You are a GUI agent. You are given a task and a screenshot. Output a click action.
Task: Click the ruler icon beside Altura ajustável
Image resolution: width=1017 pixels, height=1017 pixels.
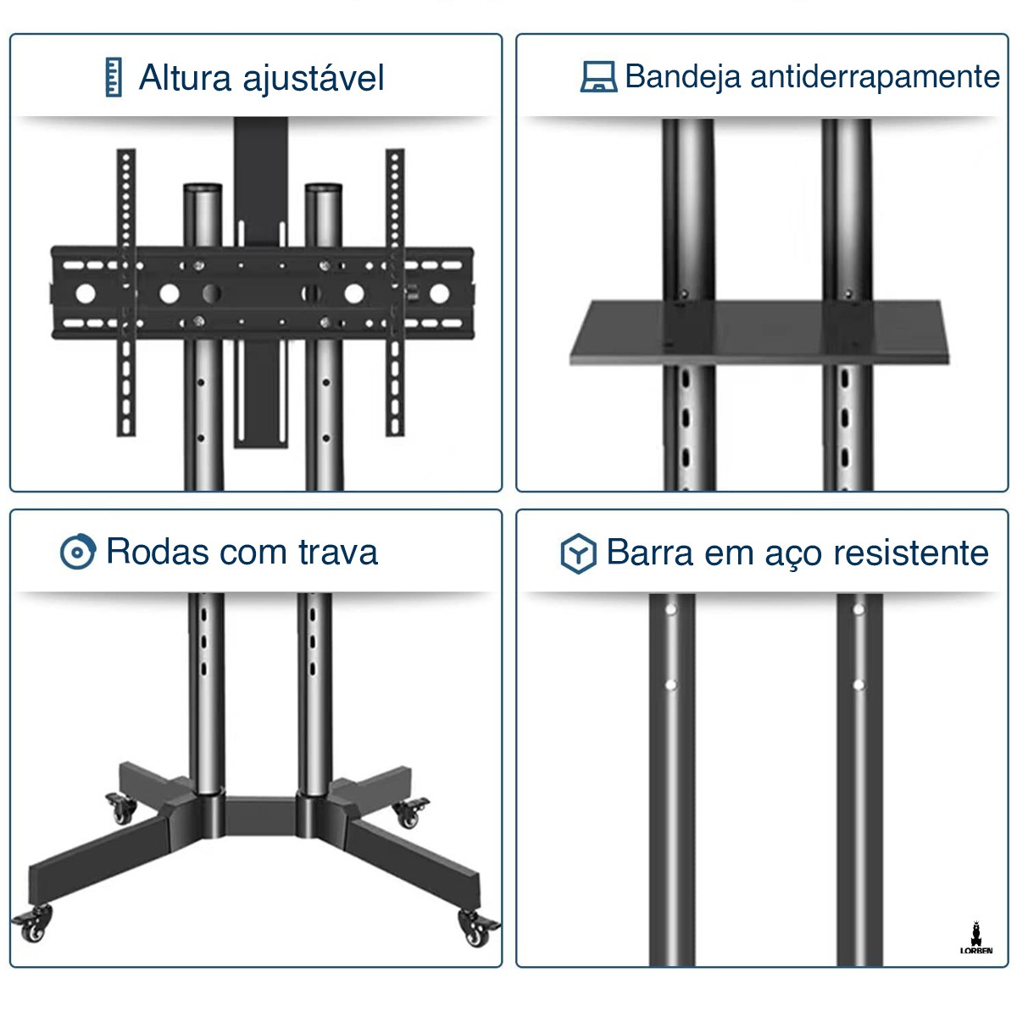[x=114, y=77]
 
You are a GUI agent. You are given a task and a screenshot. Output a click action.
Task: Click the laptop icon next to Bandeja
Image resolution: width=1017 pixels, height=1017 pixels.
[x=598, y=76]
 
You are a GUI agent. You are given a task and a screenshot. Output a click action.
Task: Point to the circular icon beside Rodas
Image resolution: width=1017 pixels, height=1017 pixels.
[x=78, y=553]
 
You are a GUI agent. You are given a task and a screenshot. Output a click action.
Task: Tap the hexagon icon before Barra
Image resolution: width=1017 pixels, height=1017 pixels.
[x=579, y=553]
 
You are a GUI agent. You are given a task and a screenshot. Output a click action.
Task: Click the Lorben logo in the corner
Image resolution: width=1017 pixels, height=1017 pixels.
[x=976, y=938]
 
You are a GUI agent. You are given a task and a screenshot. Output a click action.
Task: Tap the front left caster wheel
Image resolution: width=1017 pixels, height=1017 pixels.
[x=33, y=926]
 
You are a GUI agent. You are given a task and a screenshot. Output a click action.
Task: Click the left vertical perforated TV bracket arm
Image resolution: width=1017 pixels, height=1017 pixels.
[x=126, y=292]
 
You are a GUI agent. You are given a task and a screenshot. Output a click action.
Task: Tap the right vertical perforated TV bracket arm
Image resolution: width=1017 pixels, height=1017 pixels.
[x=395, y=292]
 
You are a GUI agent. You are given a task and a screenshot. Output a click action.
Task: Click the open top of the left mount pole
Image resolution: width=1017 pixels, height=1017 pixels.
[x=203, y=187]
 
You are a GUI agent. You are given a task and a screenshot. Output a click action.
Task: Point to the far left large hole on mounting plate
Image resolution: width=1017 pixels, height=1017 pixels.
[x=86, y=293]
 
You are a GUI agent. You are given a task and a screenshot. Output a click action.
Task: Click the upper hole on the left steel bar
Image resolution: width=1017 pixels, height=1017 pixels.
[x=670, y=609]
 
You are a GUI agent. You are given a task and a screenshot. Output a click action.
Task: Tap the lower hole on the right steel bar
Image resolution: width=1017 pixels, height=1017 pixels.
[x=859, y=684]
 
